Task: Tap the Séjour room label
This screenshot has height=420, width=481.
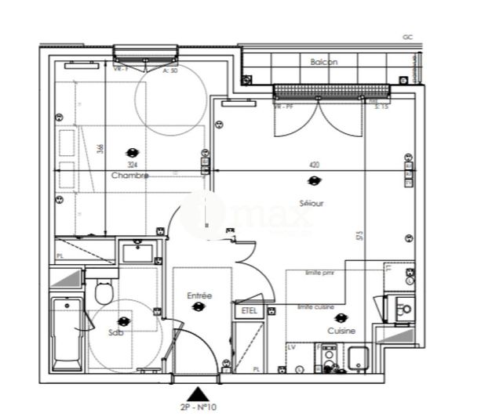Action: click(x=312, y=203)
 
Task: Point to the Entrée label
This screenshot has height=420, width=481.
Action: click(x=199, y=295)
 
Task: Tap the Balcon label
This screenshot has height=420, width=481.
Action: click(x=323, y=61)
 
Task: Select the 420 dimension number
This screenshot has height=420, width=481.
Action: click(x=314, y=165)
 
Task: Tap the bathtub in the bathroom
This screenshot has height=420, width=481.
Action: click(x=67, y=333)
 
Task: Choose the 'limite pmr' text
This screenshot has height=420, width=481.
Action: click(x=320, y=272)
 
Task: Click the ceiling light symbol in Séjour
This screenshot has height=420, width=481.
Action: click(x=313, y=182)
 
